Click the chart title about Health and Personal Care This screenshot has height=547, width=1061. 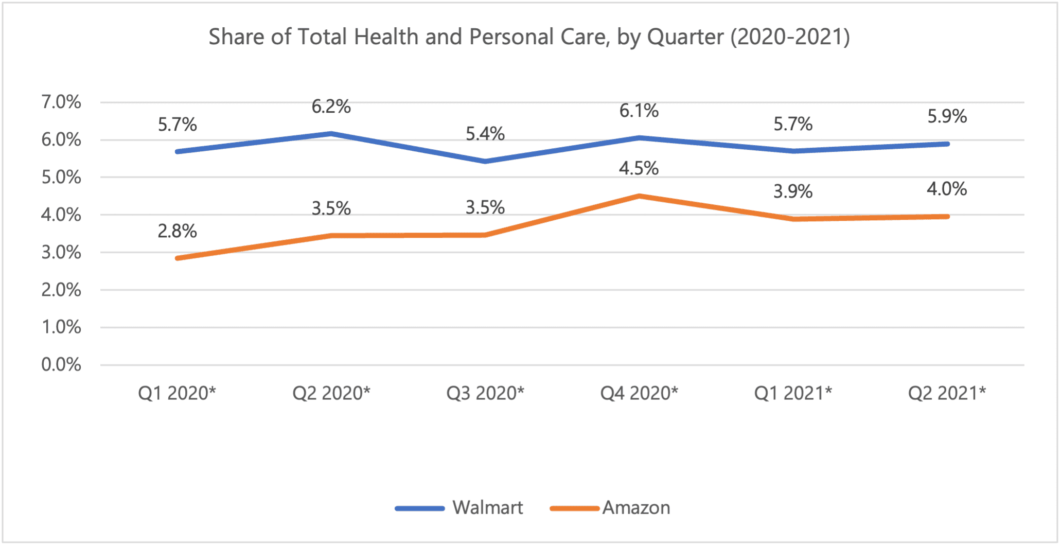coord(529,37)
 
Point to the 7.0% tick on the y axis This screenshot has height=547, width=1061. coord(61,102)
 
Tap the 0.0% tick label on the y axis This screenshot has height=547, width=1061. coord(61,365)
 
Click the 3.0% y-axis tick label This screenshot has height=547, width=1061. coord(61,252)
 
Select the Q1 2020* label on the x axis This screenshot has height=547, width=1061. coord(177,393)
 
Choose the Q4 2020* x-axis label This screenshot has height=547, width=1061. coord(639,393)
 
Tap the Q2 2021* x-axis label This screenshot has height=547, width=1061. coord(947,393)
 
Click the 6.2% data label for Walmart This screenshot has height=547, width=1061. coord(331,107)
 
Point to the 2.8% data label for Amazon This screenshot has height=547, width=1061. coord(177,231)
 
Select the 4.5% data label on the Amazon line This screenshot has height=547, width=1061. coord(639,168)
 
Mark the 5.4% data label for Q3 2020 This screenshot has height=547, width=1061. coord(485,134)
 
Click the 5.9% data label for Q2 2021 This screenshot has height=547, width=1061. coord(947,116)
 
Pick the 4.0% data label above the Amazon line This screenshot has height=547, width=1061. coord(947,189)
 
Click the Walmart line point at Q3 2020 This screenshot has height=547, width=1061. coord(485,162)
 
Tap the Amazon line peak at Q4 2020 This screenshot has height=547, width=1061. coord(639,196)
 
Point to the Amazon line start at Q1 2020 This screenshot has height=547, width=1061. coord(178,258)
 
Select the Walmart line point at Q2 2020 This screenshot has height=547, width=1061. coord(331,134)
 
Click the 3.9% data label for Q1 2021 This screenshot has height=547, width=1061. coord(793,191)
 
